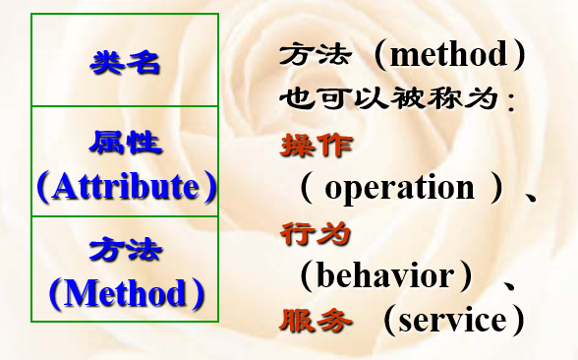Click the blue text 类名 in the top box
tap(124, 63)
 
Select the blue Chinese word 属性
tap(124, 144)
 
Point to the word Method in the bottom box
tap(125, 292)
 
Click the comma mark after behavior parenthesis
tap(510, 283)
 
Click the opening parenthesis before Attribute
tap(44, 187)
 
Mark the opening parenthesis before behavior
tap(307, 276)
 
